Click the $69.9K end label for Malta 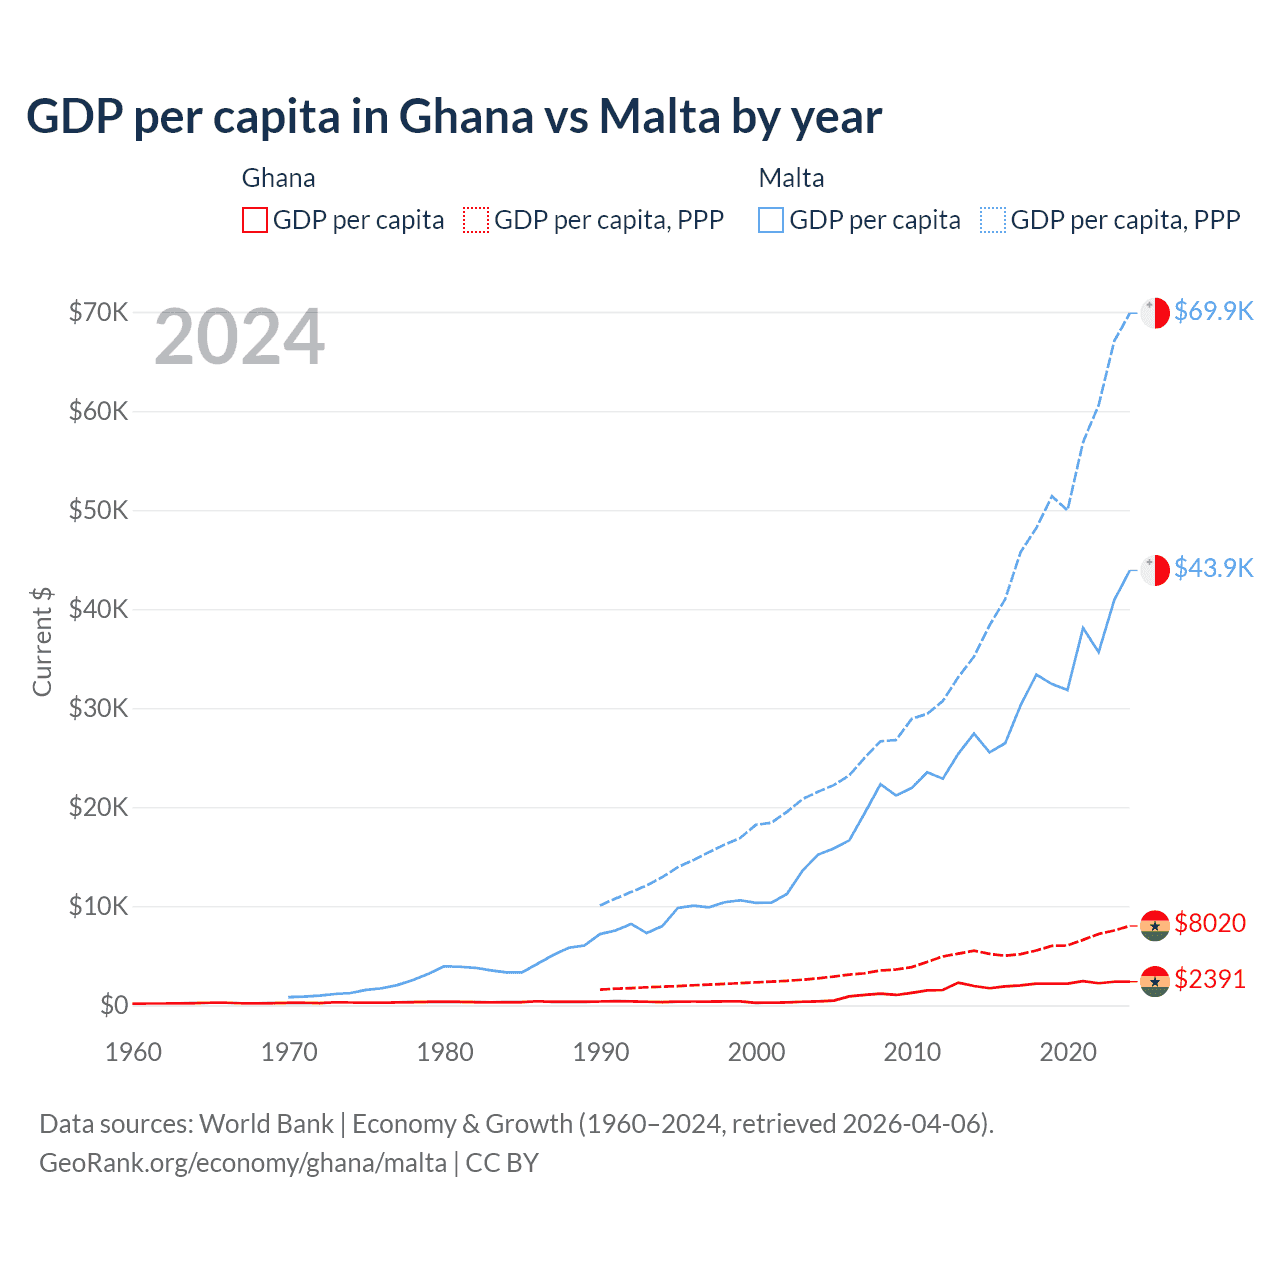[1213, 311]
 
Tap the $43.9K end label [1213, 568]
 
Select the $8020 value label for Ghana [1210, 923]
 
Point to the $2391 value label [1210, 979]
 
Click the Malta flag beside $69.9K [1155, 312]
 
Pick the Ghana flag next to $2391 [1155, 982]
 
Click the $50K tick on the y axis [99, 510]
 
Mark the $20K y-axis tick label [99, 807]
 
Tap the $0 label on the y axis [114, 1005]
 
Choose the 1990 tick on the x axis [601, 1052]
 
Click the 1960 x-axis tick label [134, 1052]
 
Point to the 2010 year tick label [912, 1052]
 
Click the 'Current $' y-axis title [42, 642]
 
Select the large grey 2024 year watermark [240, 338]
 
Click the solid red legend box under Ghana [255, 220]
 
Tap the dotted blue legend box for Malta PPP [993, 220]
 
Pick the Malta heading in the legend [792, 178]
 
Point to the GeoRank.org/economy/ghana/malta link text [243, 1163]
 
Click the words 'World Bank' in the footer [267, 1124]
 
